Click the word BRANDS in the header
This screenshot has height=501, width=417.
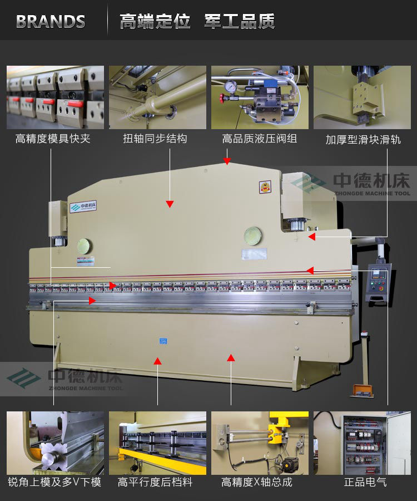point(51,22)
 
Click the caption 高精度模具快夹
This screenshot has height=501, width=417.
point(53,139)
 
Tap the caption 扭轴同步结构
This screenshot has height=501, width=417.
point(155,139)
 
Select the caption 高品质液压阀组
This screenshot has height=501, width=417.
point(260,139)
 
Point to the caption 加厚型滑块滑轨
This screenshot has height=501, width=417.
point(363,139)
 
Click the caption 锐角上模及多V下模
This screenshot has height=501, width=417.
point(54,482)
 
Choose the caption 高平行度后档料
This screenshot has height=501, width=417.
point(155,482)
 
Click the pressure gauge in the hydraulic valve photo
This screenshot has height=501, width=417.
point(230,87)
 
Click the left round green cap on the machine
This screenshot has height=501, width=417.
point(85,246)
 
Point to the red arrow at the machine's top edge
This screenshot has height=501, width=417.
point(227,161)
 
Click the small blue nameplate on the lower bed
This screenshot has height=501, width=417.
point(164,340)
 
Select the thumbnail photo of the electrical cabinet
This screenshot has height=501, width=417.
point(362,443)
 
